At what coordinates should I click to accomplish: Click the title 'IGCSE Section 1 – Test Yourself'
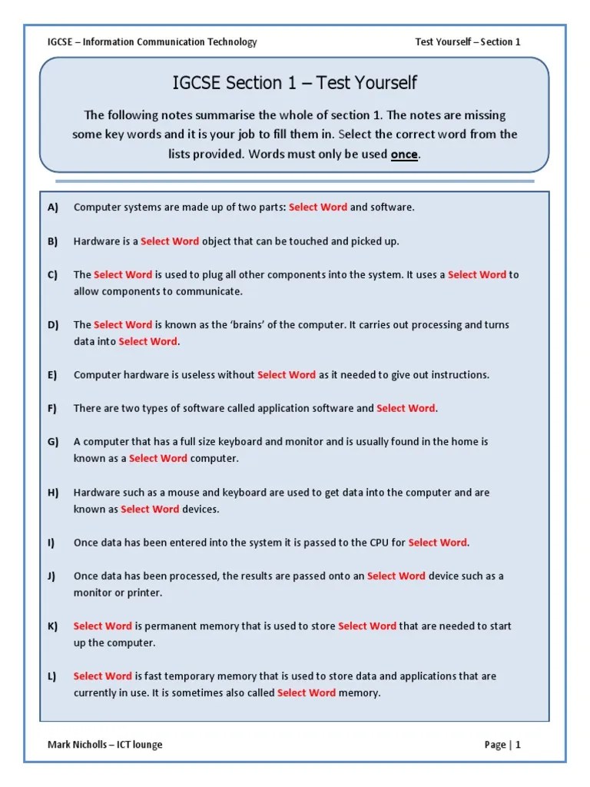click(295, 83)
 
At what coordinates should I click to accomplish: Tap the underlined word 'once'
click(404, 154)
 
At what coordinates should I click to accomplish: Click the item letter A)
click(53, 208)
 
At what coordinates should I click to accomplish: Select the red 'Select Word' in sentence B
click(170, 241)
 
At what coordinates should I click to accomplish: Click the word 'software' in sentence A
click(393, 208)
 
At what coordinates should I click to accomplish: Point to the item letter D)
click(53, 325)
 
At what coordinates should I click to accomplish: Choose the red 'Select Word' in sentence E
click(287, 375)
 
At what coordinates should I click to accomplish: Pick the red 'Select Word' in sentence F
click(406, 409)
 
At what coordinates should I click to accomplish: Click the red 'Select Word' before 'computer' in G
click(158, 459)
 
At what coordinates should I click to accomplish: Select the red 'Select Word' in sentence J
click(396, 576)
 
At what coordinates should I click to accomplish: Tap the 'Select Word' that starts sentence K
click(103, 626)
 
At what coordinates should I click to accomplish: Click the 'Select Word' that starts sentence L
click(103, 676)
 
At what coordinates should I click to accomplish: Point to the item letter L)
click(52, 676)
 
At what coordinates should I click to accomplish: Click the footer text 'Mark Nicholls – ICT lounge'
click(105, 744)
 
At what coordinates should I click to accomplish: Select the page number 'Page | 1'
click(502, 744)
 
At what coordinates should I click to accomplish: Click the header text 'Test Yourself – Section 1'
click(468, 42)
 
